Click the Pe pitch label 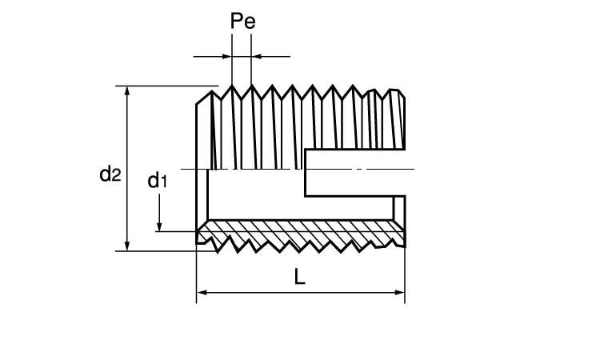pyautogui.click(x=242, y=22)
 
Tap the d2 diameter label pyautogui.click(x=110, y=173)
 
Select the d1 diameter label pyautogui.click(x=158, y=181)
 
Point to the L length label pyautogui.click(x=299, y=278)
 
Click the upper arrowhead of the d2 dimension pyautogui.click(x=126, y=91)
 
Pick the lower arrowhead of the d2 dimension pyautogui.click(x=126, y=246)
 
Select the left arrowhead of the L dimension pyautogui.click(x=202, y=294)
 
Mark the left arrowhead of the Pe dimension pyautogui.click(x=226, y=56)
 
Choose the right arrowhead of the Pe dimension pyautogui.click(x=257, y=56)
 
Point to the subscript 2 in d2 pyautogui.click(x=116, y=176)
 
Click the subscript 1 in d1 pyautogui.click(x=164, y=183)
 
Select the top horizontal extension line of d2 pyautogui.click(x=168, y=86)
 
